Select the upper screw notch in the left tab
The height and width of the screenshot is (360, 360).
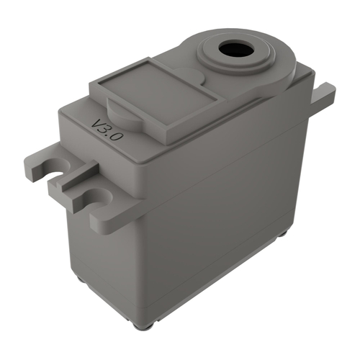(55, 170)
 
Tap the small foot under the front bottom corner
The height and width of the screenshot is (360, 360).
(148, 325)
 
